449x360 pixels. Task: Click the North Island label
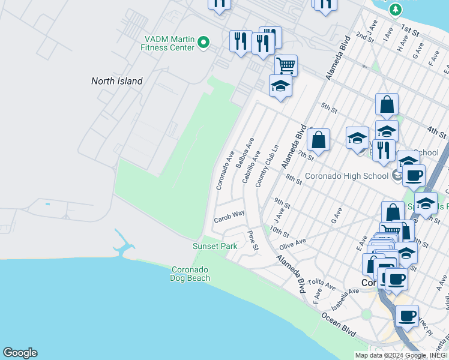[117, 81]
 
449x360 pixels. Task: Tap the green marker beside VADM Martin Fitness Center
[203, 43]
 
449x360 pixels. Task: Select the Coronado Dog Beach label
[190, 274]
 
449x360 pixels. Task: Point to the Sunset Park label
[215, 246]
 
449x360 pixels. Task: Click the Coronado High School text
[346, 176]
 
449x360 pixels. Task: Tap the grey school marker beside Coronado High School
[396, 176]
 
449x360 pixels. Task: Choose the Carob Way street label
[229, 215]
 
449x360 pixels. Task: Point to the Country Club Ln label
[268, 166]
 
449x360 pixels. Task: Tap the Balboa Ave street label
[245, 154]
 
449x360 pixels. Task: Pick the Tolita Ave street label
[320, 282]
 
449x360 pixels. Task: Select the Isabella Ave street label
[344, 298]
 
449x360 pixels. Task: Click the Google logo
[20, 353]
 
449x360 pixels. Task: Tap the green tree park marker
[395, 9]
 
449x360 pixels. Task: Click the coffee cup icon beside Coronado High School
[414, 175]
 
